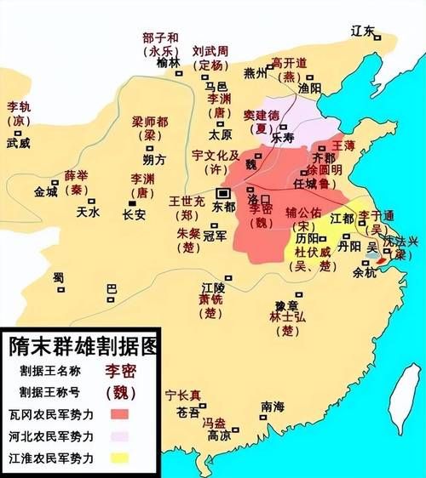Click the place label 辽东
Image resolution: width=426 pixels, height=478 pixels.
click(x=363, y=31)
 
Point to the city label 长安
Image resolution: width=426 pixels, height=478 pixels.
click(x=135, y=214)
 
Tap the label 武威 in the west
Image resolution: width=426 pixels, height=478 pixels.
click(x=18, y=144)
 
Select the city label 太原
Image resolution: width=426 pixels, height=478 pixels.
click(x=221, y=134)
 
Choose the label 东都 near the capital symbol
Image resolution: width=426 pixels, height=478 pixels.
click(x=224, y=206)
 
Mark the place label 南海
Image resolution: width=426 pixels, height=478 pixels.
click(x=273, y=407)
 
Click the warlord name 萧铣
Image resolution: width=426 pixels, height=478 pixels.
click(x=210, y=299)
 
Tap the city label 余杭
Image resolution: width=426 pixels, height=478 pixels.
click(x=364, y=273)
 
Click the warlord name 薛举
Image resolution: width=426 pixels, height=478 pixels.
click(x=77, y=176)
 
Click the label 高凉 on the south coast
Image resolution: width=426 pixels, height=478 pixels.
click(x=219, y=435)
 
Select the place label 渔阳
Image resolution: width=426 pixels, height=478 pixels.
click(x=309, y=88)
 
